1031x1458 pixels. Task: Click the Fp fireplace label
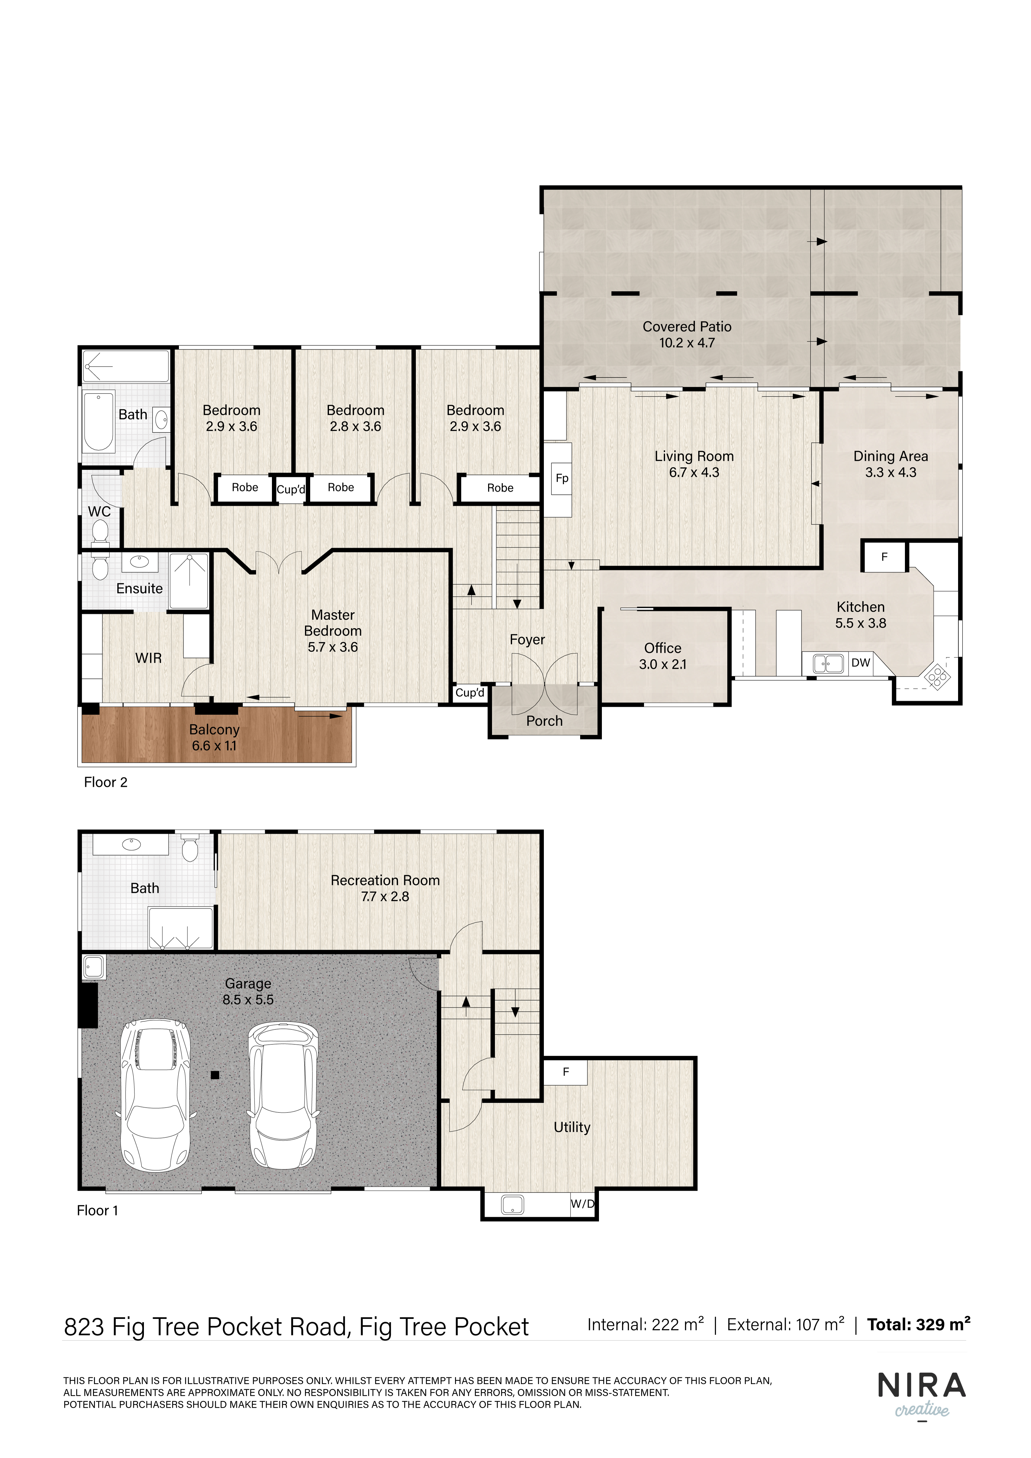pos(562,478)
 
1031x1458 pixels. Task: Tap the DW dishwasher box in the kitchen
pos(861,663)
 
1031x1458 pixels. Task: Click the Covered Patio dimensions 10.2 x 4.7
pos(687,343)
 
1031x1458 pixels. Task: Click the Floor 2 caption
pos(105,782)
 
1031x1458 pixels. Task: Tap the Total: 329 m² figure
pos(919,1325)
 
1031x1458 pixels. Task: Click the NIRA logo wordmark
pos(922,1386)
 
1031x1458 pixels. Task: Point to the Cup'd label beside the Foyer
pos(470,693)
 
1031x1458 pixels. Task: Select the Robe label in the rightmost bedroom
pos(500,488)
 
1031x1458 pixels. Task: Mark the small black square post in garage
pos(215,1075)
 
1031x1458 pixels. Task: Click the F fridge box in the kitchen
pos(885,557)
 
